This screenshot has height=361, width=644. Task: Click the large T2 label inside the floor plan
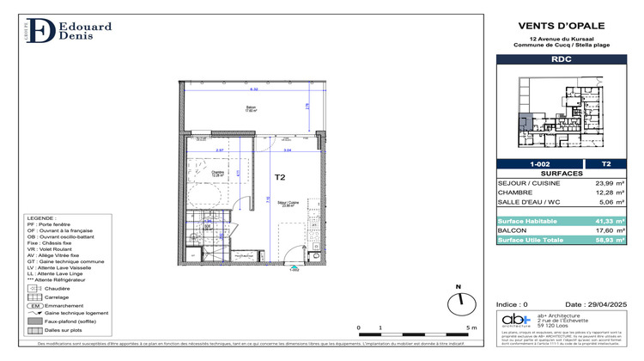pyautogui.click(x=280, y=178)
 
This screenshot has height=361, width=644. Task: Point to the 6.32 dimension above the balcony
pyautogui.click(x=254, y=89)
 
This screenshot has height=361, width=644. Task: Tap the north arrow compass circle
pyautogui.click(x=461, y=303)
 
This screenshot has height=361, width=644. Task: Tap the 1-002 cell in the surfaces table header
pyautogui.click(x=540, y=163)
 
